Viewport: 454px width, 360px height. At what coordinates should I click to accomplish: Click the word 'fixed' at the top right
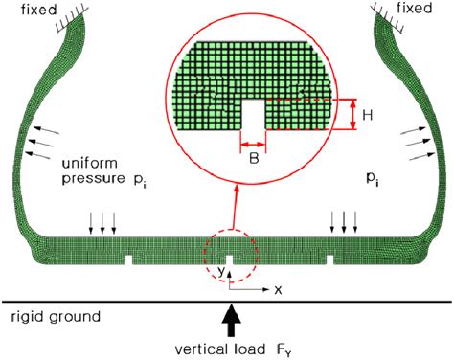(x=427, y=12)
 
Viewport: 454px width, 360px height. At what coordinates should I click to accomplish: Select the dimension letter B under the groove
(x=253, y=159)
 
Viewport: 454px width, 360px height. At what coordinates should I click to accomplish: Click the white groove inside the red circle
(x=253, y=118)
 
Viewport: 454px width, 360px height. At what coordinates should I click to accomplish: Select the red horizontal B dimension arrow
(x=253, y=146)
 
